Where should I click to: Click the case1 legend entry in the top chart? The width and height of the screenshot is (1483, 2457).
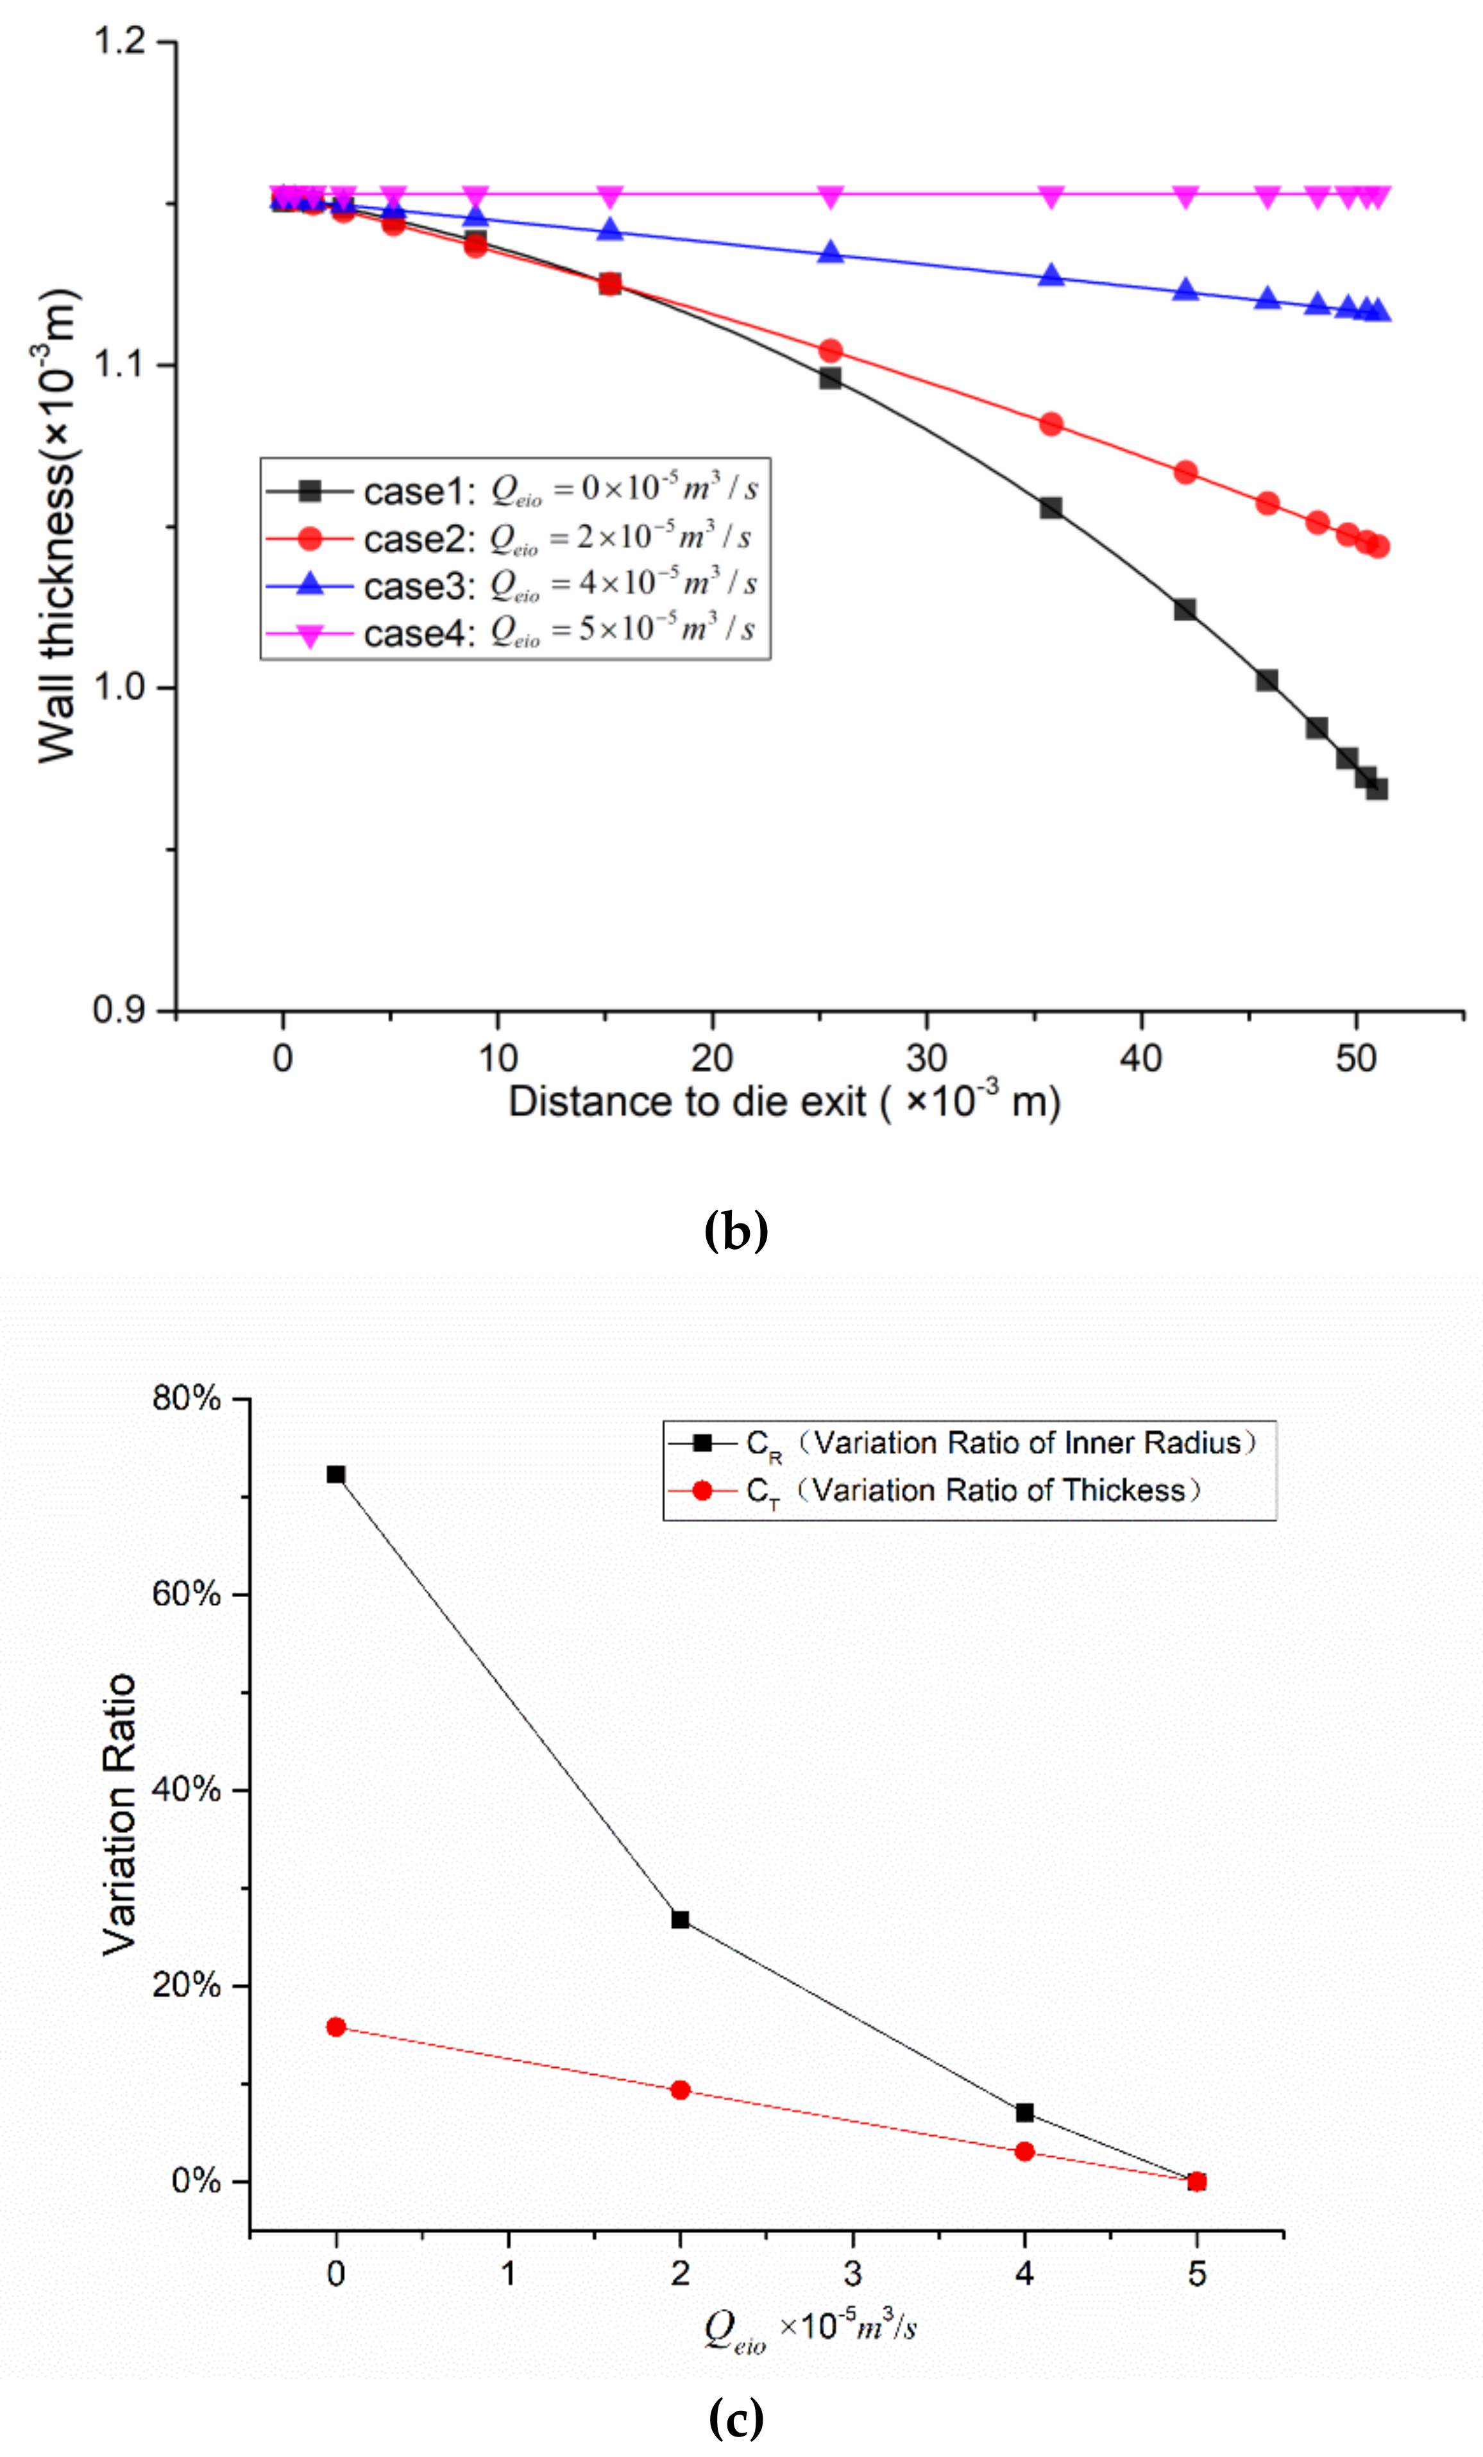(x=514, y=490)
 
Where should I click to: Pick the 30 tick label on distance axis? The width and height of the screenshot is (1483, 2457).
(x=926, y=1058)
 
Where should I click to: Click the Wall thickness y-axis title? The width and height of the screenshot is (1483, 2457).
(x=58, y=526)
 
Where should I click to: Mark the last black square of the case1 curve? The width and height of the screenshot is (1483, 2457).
(x=1377, y=788)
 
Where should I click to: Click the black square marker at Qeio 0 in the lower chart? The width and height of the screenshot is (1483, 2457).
(x=336, y=1474)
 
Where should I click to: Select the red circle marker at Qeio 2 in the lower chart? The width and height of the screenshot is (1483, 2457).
(x=680, y=2081)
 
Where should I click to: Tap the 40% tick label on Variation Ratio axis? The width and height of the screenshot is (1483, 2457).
(x=187, y=1789)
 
